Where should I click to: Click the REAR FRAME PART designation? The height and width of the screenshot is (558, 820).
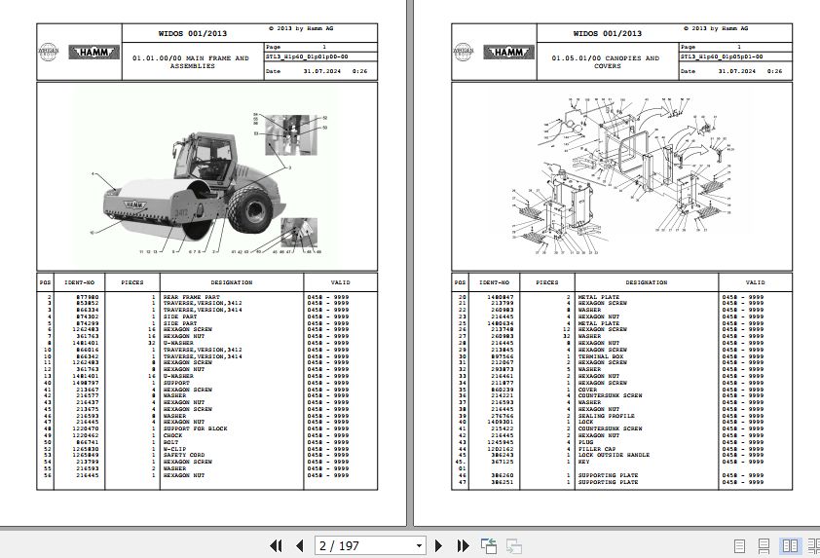pyautogui.click(x=191, y=296)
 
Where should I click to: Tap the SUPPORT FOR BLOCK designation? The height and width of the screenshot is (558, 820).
pyautogui.click(x=195, y=428)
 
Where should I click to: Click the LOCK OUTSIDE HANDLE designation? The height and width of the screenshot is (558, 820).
pyautogui.click(x=614, y=455)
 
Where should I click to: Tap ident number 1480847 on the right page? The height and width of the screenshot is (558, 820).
pyautogui.click(x=502, y=296)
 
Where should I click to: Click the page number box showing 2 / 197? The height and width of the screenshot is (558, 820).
pyautogui.click(x=370, y=545)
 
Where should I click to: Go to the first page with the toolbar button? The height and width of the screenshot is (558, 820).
pyautogui.click(x=276, y=545)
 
